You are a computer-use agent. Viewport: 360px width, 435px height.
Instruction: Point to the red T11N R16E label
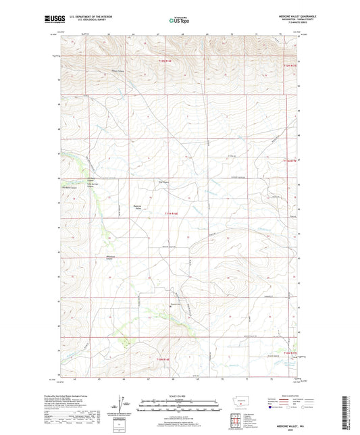(172, 213)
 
